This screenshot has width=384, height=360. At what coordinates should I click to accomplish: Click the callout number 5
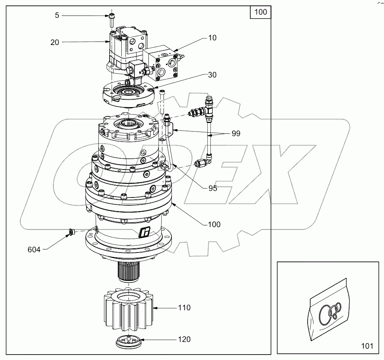[57, 16]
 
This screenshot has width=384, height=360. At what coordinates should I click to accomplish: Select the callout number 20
[55, 42]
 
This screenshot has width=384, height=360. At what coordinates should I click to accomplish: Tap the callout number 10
[212, 38]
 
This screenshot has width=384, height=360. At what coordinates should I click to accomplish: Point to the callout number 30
[212, 75]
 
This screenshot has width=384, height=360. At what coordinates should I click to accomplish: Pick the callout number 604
[34, 250]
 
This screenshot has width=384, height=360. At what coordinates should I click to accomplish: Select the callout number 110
[184, 308]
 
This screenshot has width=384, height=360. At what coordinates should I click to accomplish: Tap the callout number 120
[184, 339]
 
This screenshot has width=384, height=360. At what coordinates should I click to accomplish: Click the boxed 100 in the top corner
[260, 12]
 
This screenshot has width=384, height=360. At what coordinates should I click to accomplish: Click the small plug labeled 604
[71, 232]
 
